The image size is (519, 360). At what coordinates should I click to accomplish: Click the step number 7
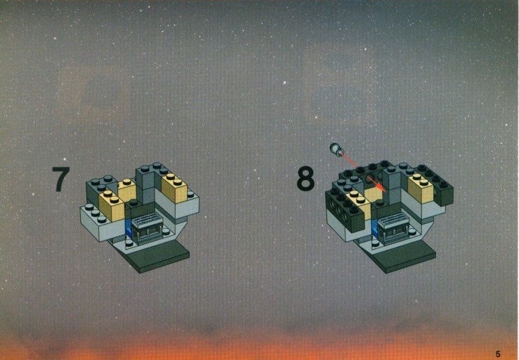coord(61,179)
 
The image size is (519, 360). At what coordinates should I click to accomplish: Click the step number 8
coord(305,179)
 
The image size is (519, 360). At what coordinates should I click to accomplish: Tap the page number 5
coord(498,354)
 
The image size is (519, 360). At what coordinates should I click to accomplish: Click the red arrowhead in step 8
coord(381,188)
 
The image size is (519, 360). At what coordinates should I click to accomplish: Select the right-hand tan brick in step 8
coord(421,188)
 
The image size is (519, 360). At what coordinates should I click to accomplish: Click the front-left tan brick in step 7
coord(111,206)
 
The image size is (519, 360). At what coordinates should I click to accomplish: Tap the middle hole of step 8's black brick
coord(338,211)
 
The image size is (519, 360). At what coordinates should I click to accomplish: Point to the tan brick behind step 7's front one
coord(128,190)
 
